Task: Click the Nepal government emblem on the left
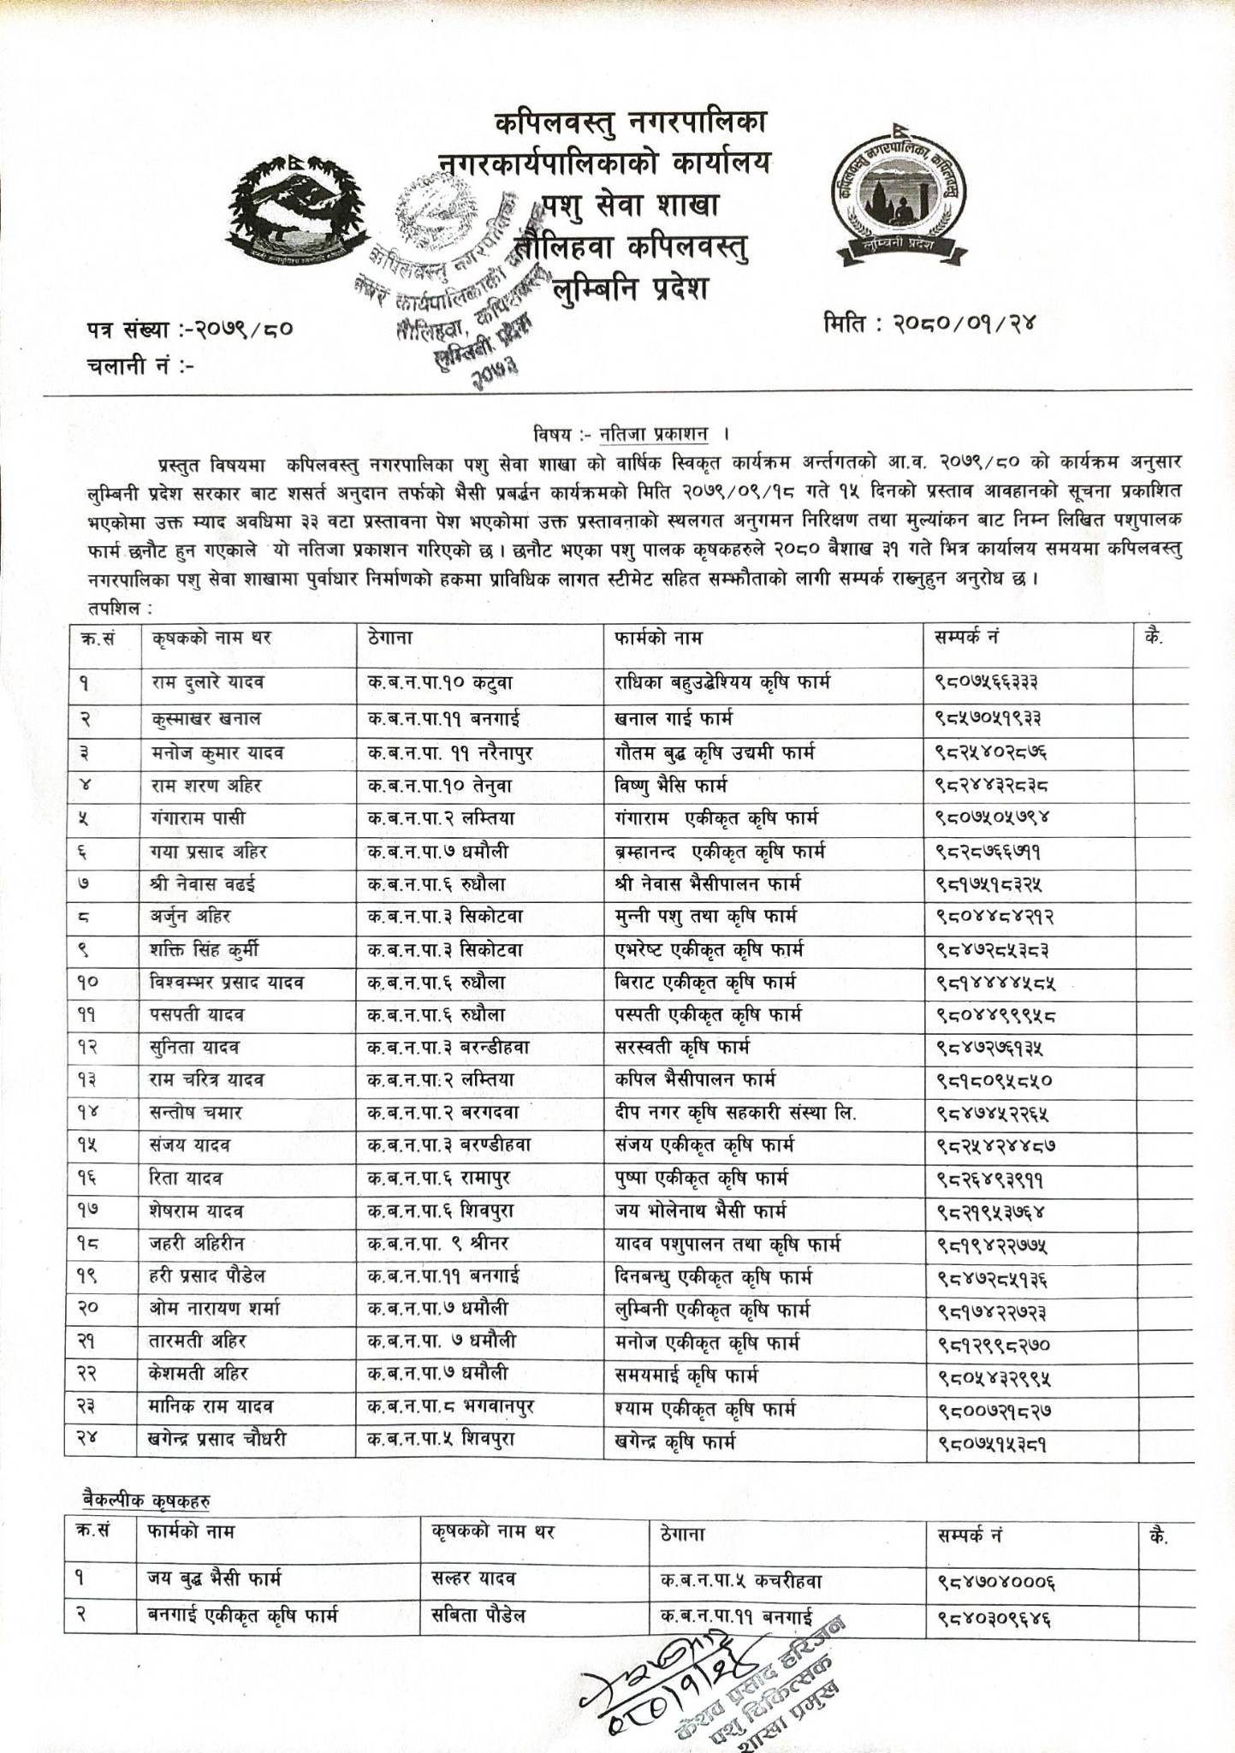click(x=288, y=210)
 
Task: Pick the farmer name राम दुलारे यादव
click(x=207, y=682)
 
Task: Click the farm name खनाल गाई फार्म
click(x=673, y=717)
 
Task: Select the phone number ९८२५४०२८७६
click(x=992, y=753)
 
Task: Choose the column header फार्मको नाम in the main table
click(x=658, y=639)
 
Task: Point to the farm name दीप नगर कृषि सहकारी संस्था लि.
click(x=735, y=1113)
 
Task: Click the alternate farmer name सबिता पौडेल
click(x=478, y=1616)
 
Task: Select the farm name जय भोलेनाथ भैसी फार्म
click(x=700, y=1211)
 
